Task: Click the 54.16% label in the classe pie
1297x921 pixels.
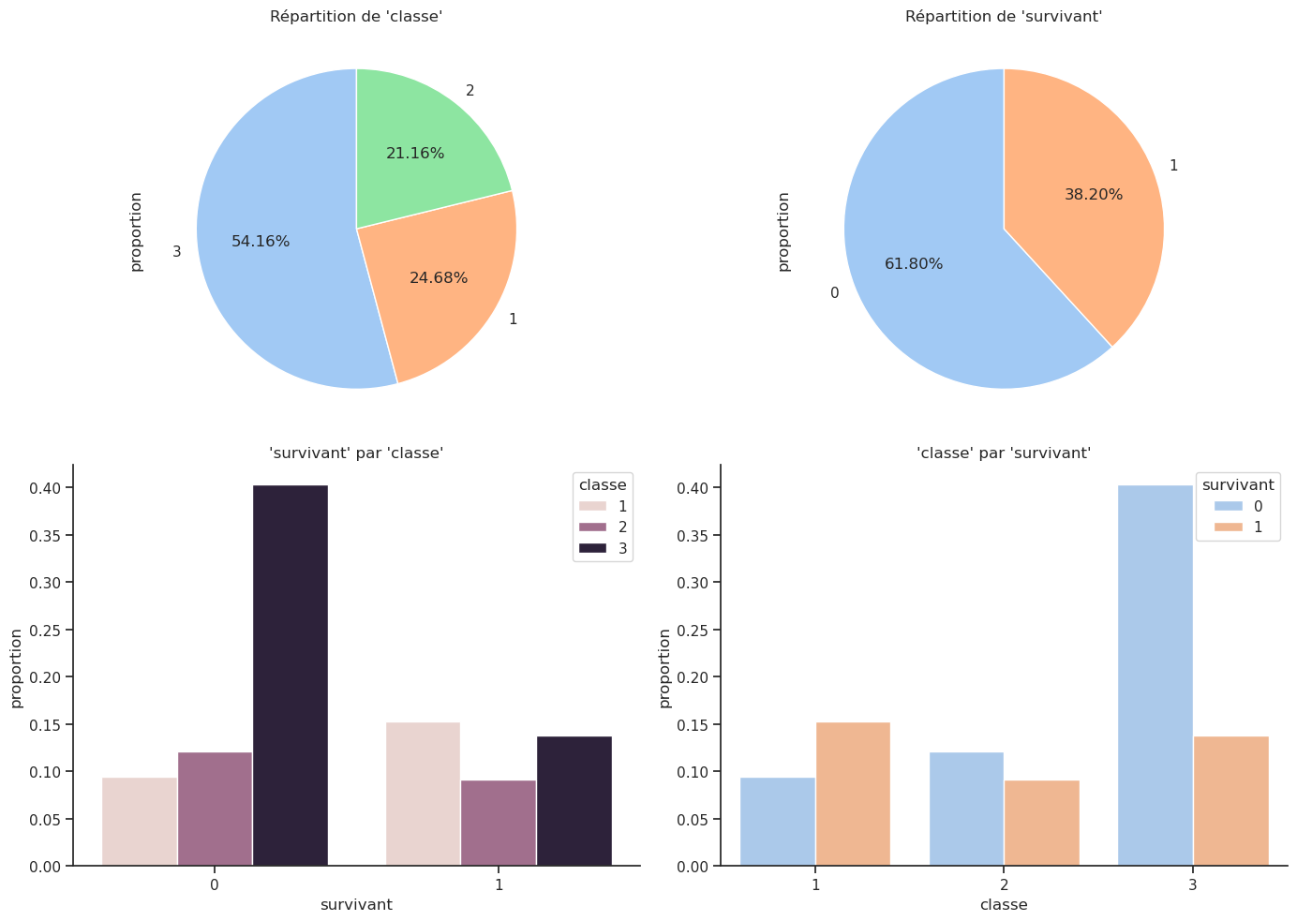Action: click(261, 242)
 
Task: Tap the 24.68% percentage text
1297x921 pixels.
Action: click(439, 278)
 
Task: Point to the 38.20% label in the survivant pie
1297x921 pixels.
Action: click(1093, 195)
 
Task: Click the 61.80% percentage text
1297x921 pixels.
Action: click(914, 264)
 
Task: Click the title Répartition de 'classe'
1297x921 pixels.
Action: click(356, 16)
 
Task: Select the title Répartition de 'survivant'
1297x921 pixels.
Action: click(1004, 16)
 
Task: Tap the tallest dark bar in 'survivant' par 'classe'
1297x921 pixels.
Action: click(291, 675)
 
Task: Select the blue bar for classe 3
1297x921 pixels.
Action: click(1155, 675)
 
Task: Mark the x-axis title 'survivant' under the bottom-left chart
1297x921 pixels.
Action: click(356, 905)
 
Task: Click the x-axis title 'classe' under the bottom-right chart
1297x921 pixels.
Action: click(1004, 905)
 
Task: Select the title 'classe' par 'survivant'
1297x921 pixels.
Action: click(1004, 453)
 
